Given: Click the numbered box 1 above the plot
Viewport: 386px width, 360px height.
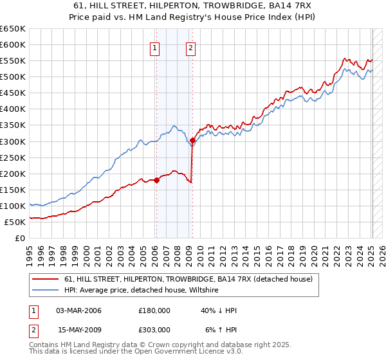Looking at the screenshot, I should click(156, 47).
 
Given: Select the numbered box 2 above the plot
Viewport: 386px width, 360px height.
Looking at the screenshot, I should click(192, 47).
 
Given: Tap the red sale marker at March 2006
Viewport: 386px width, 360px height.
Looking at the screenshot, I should click(156, 180).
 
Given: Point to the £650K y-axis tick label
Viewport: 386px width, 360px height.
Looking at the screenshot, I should click(13, 29).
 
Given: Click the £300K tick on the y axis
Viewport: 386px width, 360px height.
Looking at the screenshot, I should click(13, 141).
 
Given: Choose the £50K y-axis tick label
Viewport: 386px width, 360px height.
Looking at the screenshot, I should click(15, 222).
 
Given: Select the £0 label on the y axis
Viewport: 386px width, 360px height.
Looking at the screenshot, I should click(21, 238).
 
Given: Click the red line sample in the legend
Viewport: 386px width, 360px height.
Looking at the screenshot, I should click(46, 279).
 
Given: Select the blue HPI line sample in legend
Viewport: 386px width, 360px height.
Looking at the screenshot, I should click(46, 289).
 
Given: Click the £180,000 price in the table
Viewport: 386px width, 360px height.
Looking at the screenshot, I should click(154, 310).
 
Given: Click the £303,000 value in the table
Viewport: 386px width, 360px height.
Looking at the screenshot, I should click(154, 330).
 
